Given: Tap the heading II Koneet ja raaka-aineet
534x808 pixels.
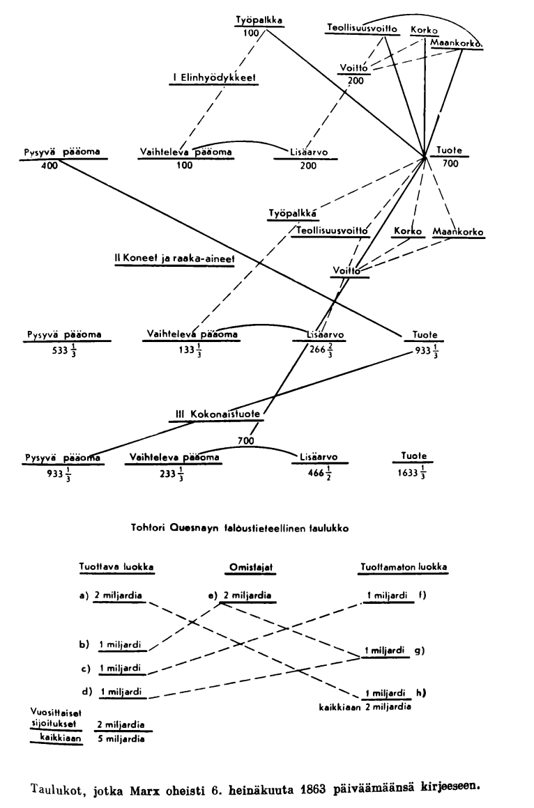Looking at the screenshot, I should coord(174,258).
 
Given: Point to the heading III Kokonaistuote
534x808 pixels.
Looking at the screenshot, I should coord(218,414).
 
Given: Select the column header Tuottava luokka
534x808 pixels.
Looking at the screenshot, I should coord(116,567).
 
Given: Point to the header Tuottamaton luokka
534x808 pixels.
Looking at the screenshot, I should coord(404,567).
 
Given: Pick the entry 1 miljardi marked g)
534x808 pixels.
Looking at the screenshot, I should coord(386,650).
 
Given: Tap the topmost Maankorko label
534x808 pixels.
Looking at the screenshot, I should coord(457,43).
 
